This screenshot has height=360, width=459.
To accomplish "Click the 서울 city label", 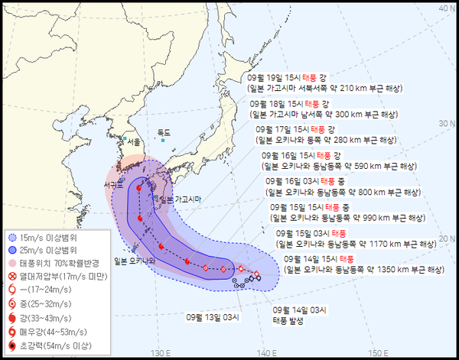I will [134, 142].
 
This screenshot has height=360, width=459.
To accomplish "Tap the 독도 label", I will [164, 132].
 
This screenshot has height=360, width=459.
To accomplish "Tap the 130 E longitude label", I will [160, 352].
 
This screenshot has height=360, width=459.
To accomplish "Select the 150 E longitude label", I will [376, 352].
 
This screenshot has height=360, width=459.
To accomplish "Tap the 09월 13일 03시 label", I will [212, 316].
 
